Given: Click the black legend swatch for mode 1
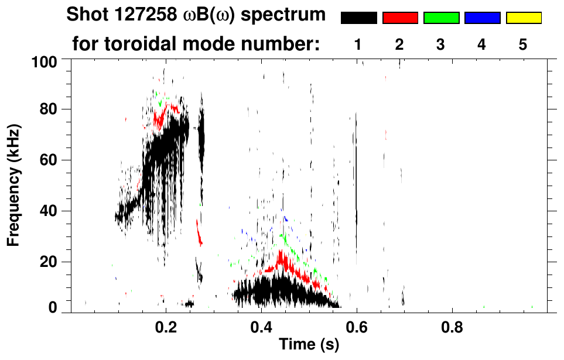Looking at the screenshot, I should coord(359,18).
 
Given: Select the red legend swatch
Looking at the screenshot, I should coord(400,18).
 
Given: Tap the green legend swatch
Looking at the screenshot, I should coord(441,18).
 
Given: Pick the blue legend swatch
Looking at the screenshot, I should coord(482,18).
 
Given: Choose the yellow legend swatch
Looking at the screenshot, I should coord(524,18).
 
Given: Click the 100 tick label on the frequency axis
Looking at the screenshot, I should coord(43,60).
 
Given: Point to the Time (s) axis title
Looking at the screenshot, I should coord(308,345).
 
